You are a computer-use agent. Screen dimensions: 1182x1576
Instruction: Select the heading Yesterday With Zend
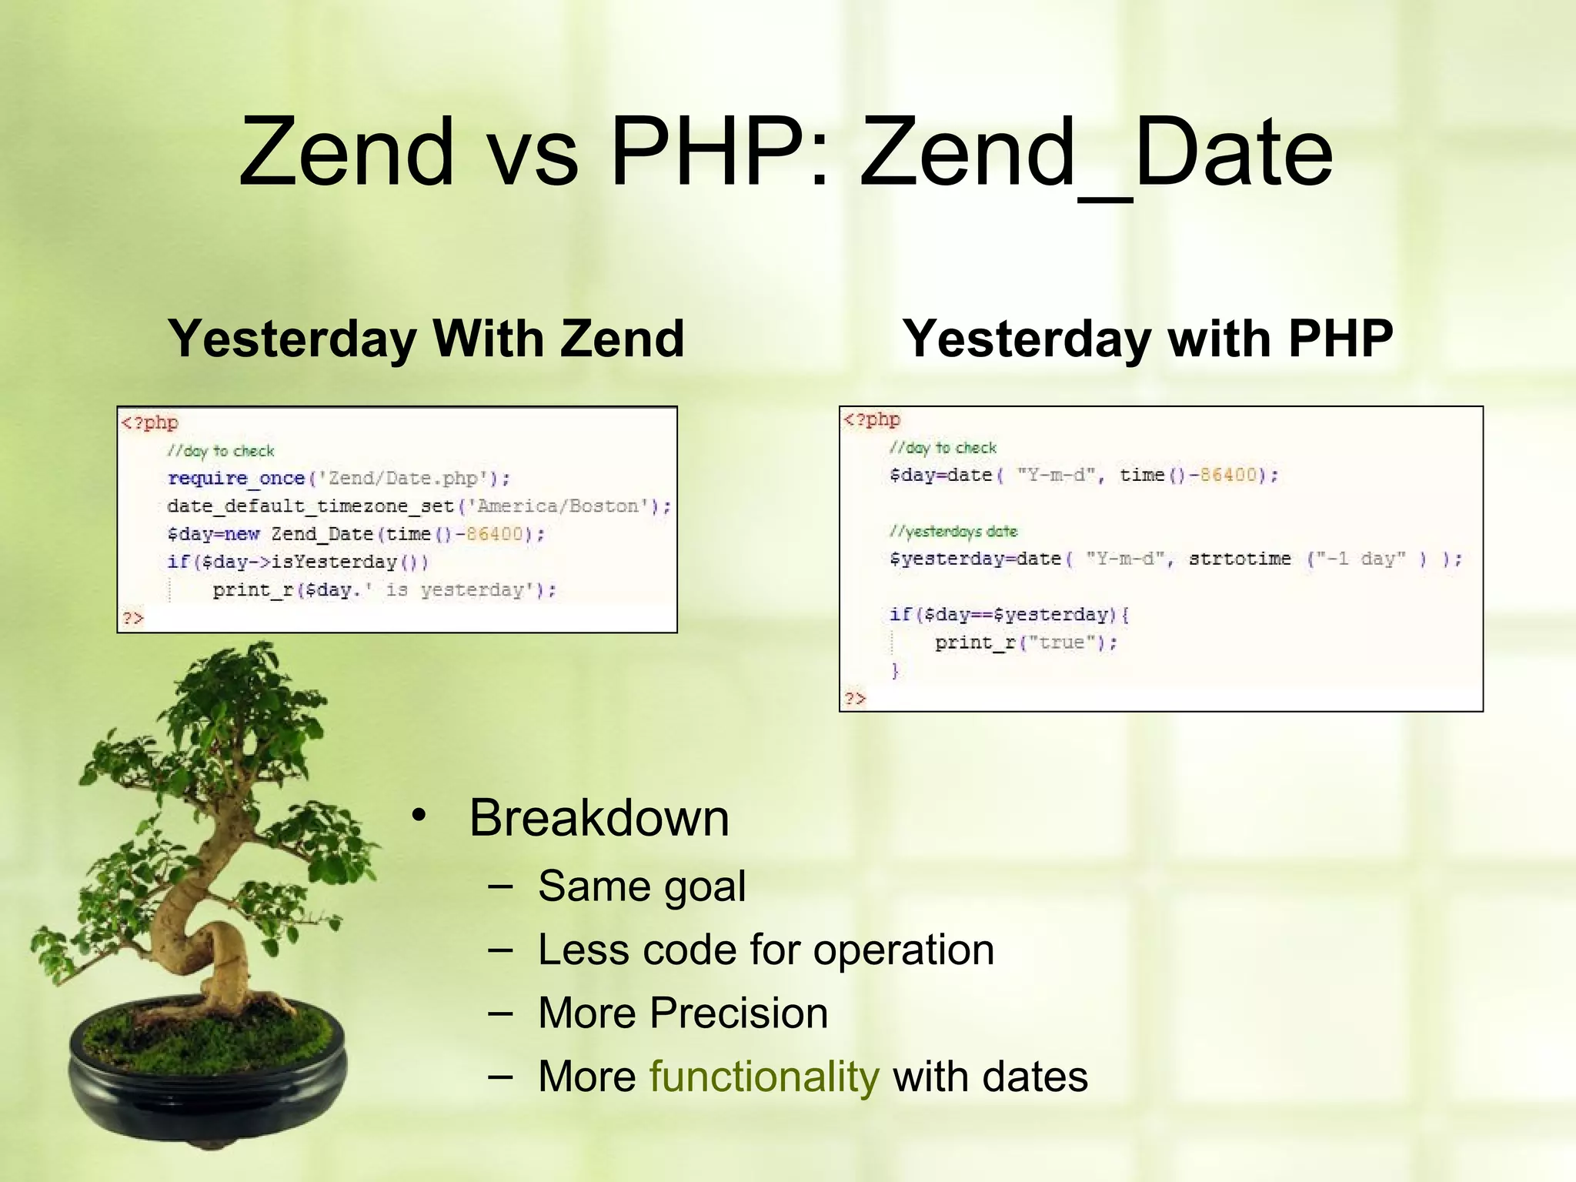(426, 339)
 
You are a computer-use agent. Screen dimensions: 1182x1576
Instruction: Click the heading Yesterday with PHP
(1147, 339)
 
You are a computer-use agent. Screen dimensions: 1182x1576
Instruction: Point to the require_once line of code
(339, 479)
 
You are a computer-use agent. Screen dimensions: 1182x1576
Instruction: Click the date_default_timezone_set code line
(419, 506)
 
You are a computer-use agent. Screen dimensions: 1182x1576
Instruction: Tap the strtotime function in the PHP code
(1240, 559)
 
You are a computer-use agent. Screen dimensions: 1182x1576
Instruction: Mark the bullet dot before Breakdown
(418, 815)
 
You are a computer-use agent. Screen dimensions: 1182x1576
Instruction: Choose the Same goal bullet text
(642, 886)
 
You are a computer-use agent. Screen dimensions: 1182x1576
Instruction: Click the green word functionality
(763, 1077)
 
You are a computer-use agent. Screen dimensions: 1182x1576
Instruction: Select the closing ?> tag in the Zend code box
(132, 618)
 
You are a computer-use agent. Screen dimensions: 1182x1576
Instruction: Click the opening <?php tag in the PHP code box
(872, 419)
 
